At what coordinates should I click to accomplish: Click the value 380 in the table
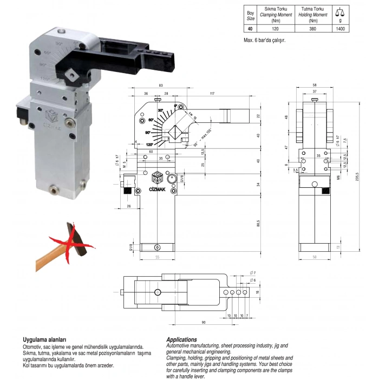pyautogui.click(x=312, y=29)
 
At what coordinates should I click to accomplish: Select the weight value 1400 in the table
pyautogui.click(x=340, y=29)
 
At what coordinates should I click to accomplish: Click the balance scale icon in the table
pyautogui.click(x=340, y=11)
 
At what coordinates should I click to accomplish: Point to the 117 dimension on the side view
pyautogui.click(x=212, y=94)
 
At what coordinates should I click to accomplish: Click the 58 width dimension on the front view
pyautogui.click(x=315, y=86)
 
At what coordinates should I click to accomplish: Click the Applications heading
pyautogui.click(x=181, y=339)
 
